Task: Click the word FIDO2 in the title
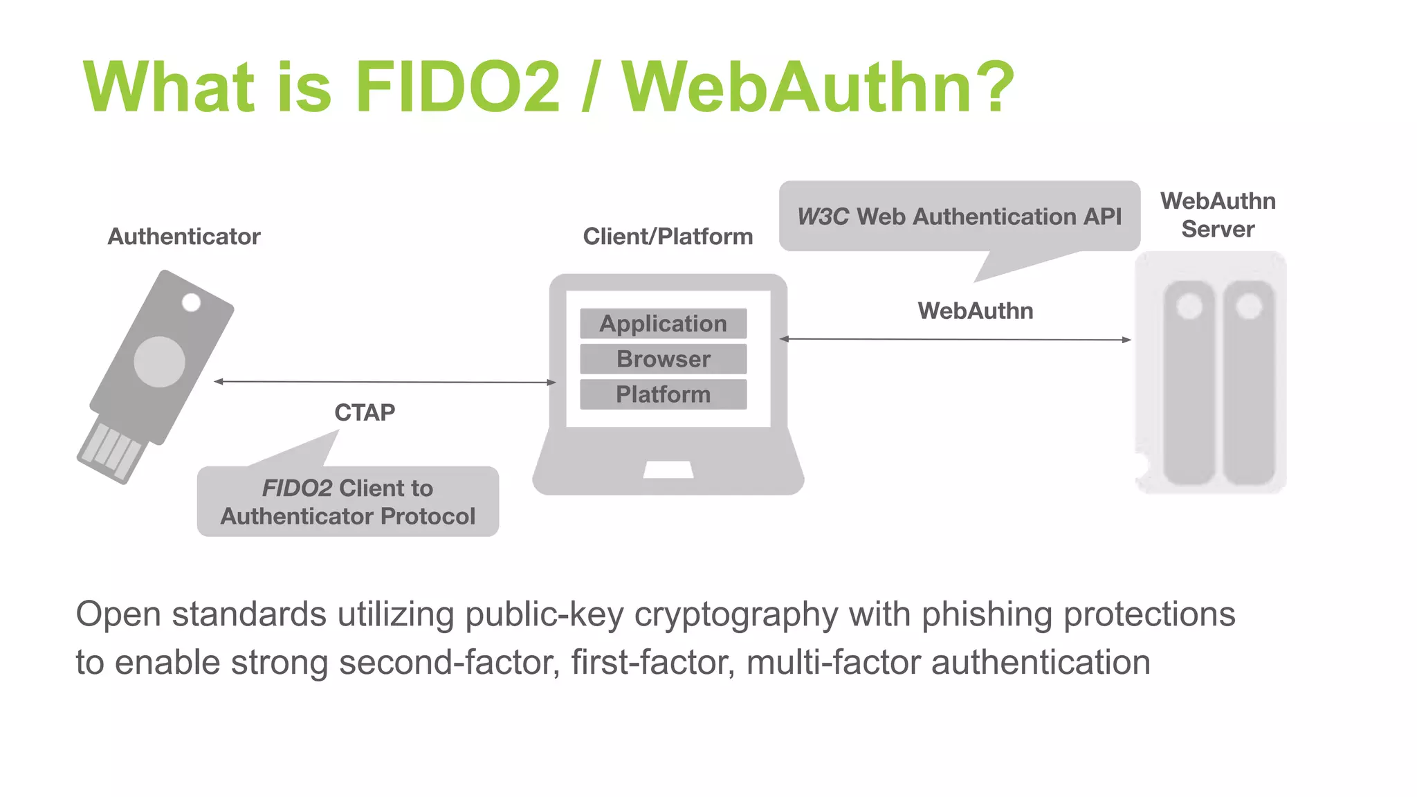pyautogui.click(x=457, y=87)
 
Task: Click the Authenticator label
pyautogui.click(x=184, y=237)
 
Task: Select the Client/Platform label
pyautogui.click(x=668, y=237)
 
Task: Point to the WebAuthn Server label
pyautogui.click(x=1218, y=214)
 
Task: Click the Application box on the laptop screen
pyautogui.click(x=663, y=324)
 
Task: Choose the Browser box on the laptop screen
pyautogui.click(x=663, y=359)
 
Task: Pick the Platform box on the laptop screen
pyautogui.click(x=663, y=394)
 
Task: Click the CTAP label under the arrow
pyautogui.click(x=365, y=412)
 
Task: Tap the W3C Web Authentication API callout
pyautogui.click(x=959, y=217)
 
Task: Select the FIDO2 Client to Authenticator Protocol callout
pyautogui.click(x=347, y=502)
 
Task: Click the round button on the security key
pyautogui.click(x=160, y=362)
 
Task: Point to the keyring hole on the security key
pyautogui.click(x=191, y=302)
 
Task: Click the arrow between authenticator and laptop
pyautogui.click(x=385, y=382)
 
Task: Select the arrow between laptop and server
pyautogui.click(x=955, y=339)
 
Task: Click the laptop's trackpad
pyautogui.click(x=668, y=470)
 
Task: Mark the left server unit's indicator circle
pyautogui.click(x=1189, y=306)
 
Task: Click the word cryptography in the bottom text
pyautogui.click(x=736, y=614)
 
